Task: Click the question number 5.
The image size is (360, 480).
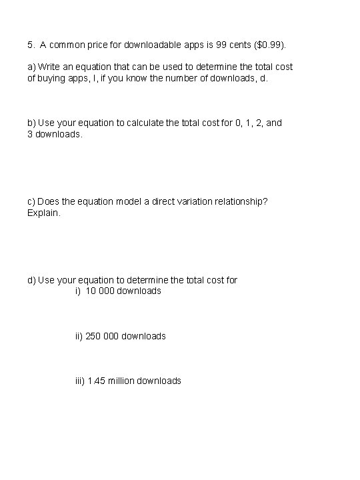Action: tap(31, 45)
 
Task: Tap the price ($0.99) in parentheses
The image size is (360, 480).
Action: tap(269, 45)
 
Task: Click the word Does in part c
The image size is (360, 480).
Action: tap(48, 201)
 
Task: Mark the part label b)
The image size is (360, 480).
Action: tap(31, 123)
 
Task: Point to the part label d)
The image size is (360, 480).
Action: tap(31, 280)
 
